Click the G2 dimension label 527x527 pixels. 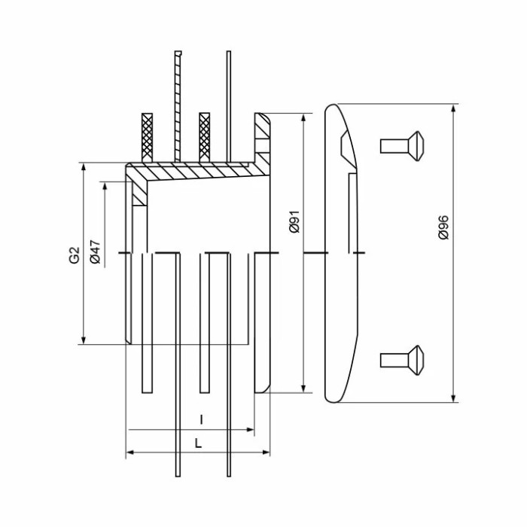click(75, 255)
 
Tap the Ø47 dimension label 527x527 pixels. click(95, 251)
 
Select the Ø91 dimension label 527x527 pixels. click(294, 222)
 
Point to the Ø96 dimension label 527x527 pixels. click(443, 227)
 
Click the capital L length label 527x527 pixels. click(198, 443)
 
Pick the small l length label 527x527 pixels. click(201, 420)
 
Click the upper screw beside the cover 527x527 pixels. click(402, 146)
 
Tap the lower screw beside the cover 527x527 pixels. click(402, 361)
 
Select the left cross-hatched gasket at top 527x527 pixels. click(148, 138)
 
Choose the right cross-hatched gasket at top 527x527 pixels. click(205, 138)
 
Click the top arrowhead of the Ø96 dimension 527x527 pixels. click(454, 109)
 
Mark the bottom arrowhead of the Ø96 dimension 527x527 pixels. click(454, 398)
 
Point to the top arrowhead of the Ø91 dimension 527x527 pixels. click(303, 118)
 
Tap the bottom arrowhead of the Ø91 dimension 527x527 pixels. click(303, 388)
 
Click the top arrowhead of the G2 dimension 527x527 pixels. click(84, 167)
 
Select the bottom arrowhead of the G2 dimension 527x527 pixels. click(84, 340)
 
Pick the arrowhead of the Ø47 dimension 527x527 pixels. click(105, 187)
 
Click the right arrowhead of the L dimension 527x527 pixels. click(266, 452)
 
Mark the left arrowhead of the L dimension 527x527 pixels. click(130, 452)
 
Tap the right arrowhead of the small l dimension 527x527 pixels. click(250, 430)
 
